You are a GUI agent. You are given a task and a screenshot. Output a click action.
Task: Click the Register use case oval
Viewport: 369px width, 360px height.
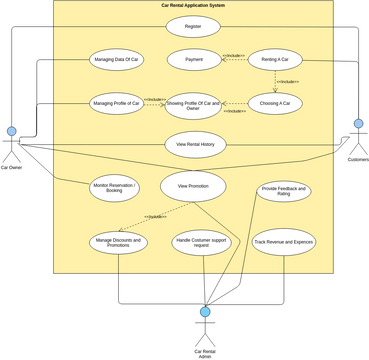(193, 27)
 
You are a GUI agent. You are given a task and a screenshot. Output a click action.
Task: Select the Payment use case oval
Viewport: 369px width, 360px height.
(193, 61)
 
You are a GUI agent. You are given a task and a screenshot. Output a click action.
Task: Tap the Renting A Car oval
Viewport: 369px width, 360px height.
(275, 61)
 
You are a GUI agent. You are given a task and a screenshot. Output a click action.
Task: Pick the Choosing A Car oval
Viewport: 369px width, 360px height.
(275, 102)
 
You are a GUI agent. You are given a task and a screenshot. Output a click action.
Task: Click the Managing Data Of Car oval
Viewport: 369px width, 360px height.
(116, 61)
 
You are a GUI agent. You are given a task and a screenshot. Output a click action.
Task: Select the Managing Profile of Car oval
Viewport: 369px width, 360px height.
(116, 102)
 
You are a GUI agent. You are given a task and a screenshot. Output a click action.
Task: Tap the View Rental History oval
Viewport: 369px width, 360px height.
(195, 144)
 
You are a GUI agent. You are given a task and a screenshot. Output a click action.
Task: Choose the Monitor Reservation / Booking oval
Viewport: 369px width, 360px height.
(115, 187)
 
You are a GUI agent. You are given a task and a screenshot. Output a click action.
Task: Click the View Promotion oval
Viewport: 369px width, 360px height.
(192, 186)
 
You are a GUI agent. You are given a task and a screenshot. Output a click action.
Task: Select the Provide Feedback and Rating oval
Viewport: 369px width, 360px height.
(285, 190)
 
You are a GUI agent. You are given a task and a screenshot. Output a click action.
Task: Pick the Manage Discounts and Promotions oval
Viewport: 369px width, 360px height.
(119, 242)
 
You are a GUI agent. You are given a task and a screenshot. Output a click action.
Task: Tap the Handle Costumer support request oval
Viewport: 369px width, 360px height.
(199, 242)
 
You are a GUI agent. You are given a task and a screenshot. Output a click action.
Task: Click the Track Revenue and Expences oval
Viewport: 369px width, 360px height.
(284, 242)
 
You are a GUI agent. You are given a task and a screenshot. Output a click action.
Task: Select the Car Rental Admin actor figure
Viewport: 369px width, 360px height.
(204, 326)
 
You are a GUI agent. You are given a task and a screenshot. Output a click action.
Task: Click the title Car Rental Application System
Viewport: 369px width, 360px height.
(194, 5)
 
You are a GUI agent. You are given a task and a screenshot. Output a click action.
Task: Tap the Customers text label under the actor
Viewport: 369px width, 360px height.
(357, 160)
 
